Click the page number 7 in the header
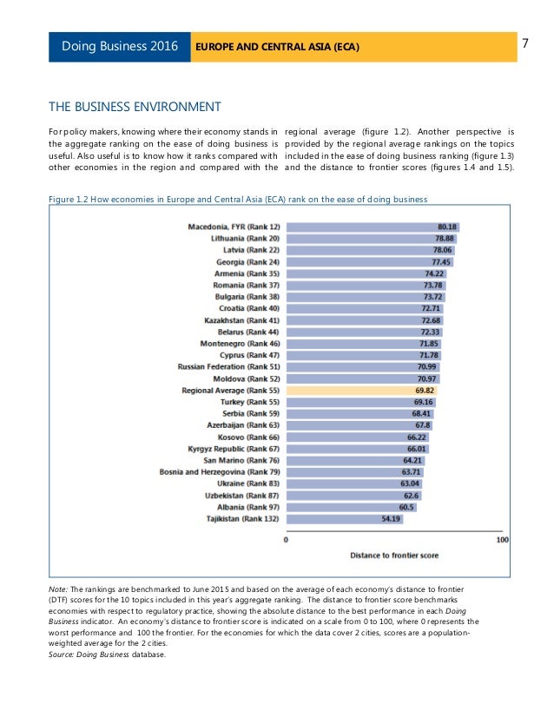coord(527,43)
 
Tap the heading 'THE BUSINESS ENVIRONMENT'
coord(135,107)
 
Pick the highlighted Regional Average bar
coord(361,391)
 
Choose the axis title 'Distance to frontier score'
coord(394,554)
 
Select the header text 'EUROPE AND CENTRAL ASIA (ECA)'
coord(278,45)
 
